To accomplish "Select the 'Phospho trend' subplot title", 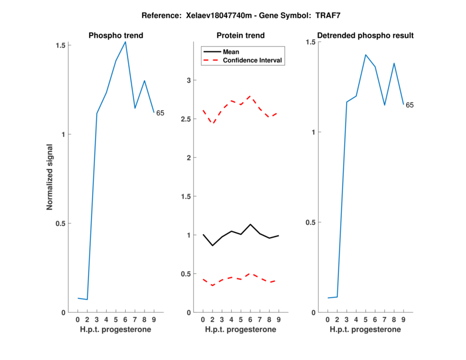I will click(115, 36).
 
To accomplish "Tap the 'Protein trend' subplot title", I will click(241, 36).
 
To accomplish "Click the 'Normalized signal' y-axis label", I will click(50, 178).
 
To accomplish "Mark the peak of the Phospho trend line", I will click(125, 42).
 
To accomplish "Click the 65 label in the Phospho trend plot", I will click(160, 113).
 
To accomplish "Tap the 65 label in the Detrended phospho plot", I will click(409, 105).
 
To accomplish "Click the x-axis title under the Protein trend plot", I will click(241, 330).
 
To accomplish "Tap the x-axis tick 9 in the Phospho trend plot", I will click(154, 320).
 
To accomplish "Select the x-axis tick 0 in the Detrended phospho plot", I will click(328, 320).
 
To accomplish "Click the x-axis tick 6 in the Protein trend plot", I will click(250, 320).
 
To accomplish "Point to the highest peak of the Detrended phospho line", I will click(366, 55).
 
